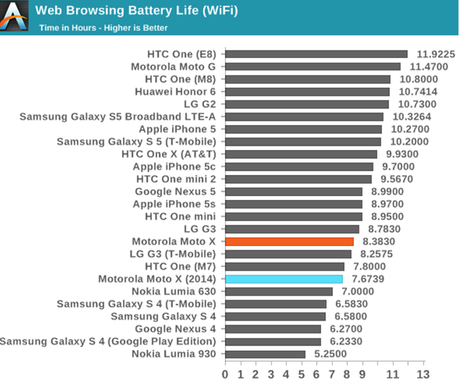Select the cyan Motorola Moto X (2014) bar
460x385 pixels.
point(284,279)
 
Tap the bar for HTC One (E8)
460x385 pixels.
point(316,54)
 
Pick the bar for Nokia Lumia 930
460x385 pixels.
point(265,354)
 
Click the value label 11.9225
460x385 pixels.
point(436,54)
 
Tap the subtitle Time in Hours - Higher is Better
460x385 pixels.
point(103,28)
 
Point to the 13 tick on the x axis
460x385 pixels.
point(422,374)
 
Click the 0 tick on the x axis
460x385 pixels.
point(225,374)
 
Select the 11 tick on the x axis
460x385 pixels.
point(392,374)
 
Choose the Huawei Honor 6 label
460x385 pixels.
point(176,91)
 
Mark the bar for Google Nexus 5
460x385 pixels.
point(293,192)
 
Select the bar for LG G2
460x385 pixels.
point(306,104)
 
